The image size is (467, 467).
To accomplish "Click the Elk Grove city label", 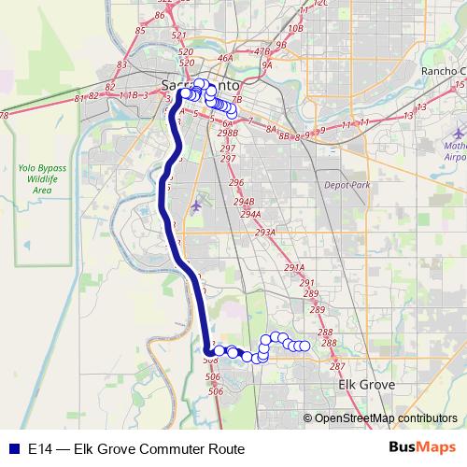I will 365,384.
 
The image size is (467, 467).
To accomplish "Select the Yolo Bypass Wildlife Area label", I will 40,178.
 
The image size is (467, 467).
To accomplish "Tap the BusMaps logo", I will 416,447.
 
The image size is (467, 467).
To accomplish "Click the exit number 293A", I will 265,232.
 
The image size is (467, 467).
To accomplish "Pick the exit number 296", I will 236,182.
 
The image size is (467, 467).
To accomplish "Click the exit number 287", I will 337,365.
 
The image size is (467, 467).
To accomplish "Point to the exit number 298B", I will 228,134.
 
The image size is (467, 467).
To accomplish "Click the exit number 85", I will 140,30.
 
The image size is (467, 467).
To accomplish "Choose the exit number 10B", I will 296,29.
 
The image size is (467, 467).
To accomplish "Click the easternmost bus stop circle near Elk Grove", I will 304,347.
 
